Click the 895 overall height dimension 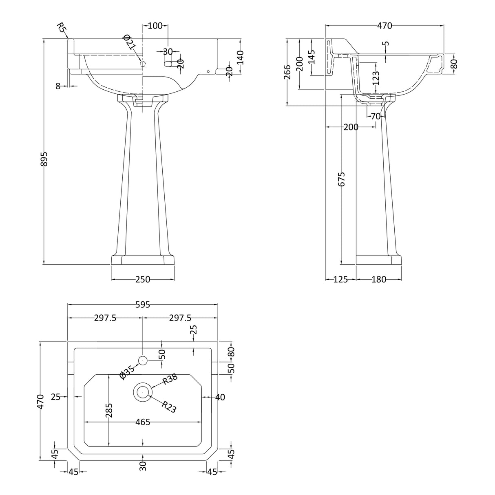44,159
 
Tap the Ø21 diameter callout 129,42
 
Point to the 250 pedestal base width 143,279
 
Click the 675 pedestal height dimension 341,179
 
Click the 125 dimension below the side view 340,279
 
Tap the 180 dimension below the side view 379,279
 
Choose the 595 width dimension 143,305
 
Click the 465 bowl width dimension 143,422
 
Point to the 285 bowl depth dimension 109,410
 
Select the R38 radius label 170,379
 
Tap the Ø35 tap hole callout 127,372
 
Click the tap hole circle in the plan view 143,360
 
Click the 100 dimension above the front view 156,26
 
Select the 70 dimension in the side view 376,116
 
